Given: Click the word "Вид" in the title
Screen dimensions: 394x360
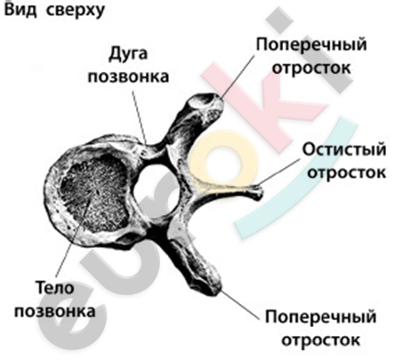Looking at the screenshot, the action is coord(21,10).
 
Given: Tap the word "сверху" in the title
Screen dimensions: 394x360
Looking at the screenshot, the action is coord(76,11).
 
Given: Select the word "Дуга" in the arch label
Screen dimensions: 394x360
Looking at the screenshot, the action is coord(128,54).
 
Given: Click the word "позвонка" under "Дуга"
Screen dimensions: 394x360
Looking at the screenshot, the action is coord(129,76).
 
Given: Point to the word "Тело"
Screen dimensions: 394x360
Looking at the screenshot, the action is coord(54,287).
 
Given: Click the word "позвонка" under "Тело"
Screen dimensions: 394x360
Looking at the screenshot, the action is coord(55,311).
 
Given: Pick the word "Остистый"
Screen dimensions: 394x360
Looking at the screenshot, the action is coord(344,149).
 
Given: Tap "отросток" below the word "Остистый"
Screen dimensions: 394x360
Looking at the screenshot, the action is coord(346,172).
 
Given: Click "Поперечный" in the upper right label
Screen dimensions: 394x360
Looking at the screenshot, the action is coord(311,45).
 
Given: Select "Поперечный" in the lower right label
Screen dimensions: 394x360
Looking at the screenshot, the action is coord(320,317).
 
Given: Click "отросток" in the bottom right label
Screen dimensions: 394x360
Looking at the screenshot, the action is coord(320,340).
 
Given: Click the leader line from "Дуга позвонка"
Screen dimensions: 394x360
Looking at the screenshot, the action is coord(140,117).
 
